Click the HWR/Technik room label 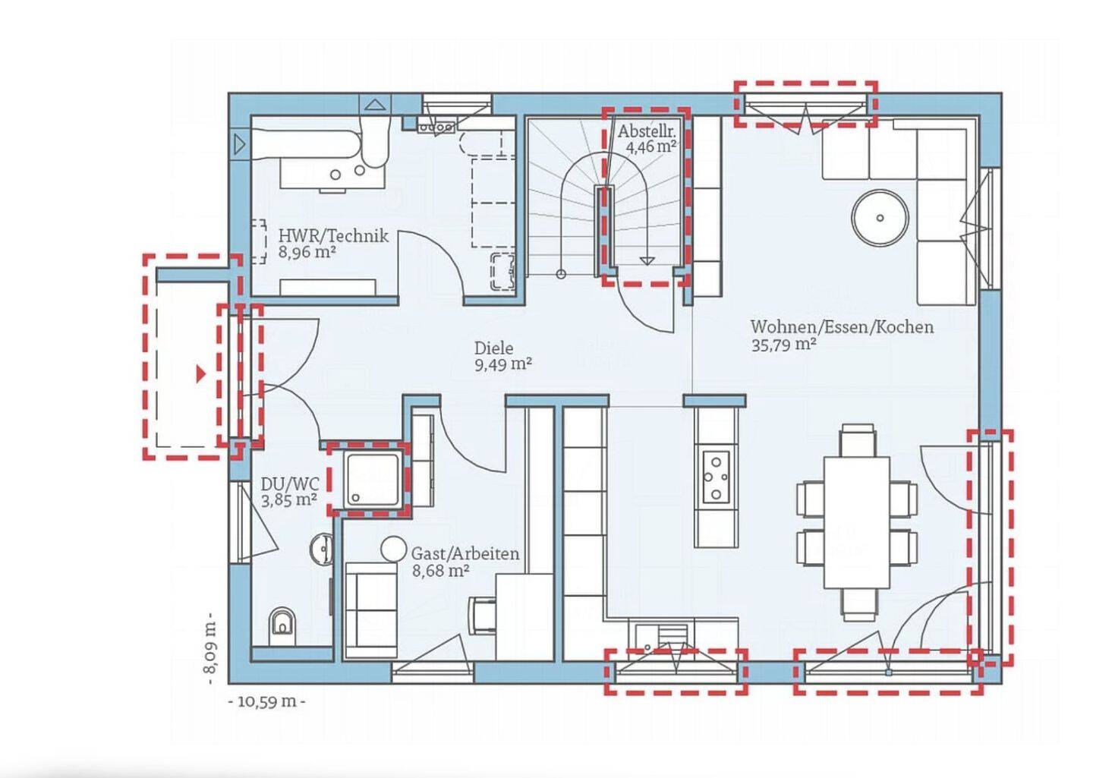[333, 236]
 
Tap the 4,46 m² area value [651, 147]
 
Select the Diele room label [494, 348]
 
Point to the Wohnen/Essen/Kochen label [843, 326]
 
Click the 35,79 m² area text [783, 345]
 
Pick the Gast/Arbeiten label [465, 554]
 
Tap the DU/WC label [290, 483]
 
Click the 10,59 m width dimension [267, 702]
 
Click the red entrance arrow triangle [201, 373]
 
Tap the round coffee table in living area [880, 218]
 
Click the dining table [857, 521]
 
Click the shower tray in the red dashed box [373, 478]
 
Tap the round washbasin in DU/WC [322, 550]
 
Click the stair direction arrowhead [647, 260]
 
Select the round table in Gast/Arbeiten [393, 549]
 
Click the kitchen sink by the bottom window [662, 637]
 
